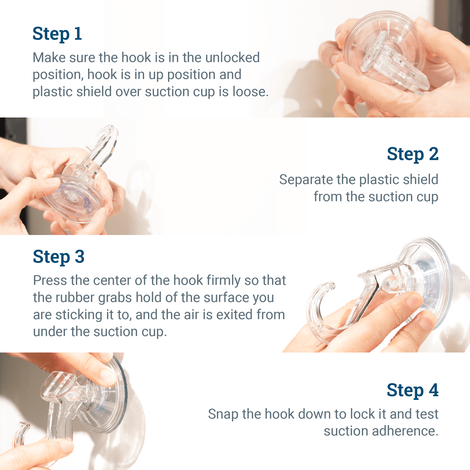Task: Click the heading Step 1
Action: pyautogui.click(x=57, y=34)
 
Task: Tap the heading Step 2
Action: pyautogui.click(x=412, y=154)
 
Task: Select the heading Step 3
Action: pyautogui.click(x=59, y=257)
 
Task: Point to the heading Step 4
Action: pyautogui.click(x=412, y=390)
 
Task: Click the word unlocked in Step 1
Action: pyautogui.click(x=232, y=58)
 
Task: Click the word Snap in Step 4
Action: pyautogui.click(x=223, y=414)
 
